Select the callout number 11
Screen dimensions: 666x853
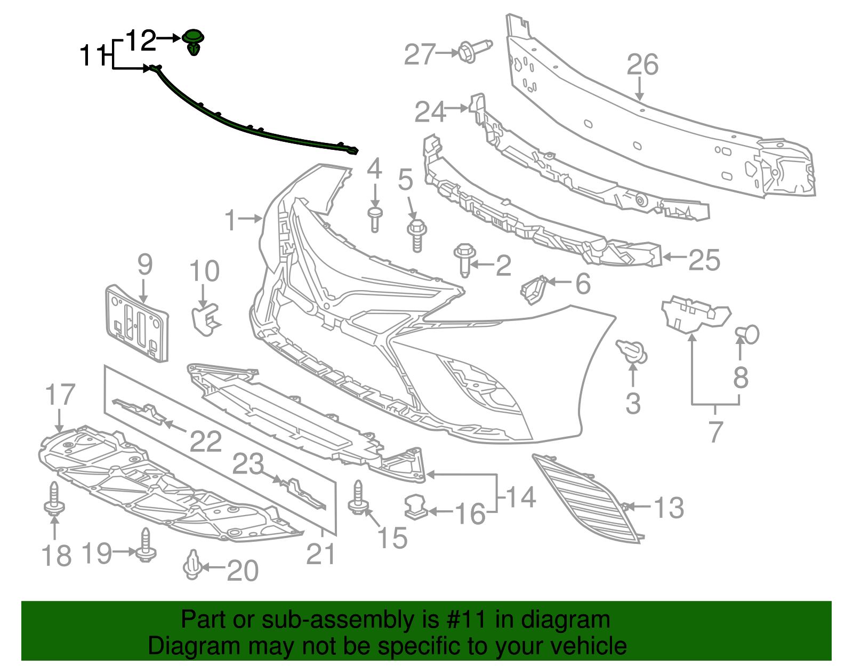[93, 55]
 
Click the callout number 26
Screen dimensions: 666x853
[642, 65]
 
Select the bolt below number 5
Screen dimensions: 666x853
[417, 235]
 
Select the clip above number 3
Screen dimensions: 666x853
[632, 351]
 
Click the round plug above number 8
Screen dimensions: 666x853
[748, 334]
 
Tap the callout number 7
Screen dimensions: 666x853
[716, 431]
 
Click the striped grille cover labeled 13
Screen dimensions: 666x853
[586, 499]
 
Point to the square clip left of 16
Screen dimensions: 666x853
[416, 507]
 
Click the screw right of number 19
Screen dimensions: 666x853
[146, 545]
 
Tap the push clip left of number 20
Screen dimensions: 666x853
[192, 565]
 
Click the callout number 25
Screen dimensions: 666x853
[704, 260]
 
